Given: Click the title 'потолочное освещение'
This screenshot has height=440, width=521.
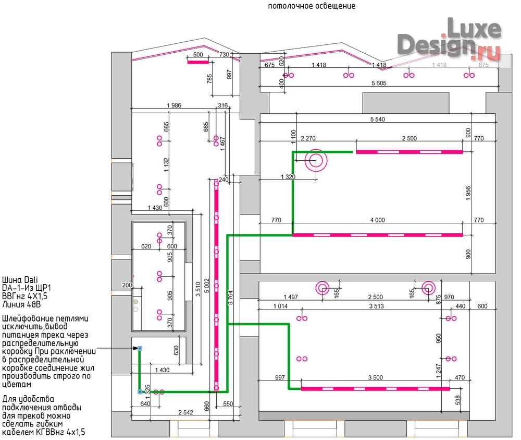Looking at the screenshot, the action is (312, 6).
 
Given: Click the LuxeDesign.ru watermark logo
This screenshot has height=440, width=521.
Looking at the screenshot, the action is (449, 39).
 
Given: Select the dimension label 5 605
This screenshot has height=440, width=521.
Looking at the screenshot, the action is (379, 83).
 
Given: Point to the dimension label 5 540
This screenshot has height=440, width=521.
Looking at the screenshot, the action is (377, 119).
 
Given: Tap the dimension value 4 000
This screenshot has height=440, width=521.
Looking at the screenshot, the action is (377, 220).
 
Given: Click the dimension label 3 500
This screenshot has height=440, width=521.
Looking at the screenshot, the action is (376, 377).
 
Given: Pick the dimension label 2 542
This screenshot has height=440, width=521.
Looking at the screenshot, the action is (185, 412).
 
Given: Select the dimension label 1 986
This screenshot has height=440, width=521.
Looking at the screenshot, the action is (174, 105).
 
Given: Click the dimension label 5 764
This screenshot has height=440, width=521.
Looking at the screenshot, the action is (231, 297).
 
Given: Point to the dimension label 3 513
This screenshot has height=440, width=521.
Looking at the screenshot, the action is (377, 306).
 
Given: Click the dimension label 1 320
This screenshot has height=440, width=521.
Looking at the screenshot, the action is (288, 177).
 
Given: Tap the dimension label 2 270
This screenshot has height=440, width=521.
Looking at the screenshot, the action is (308, 138).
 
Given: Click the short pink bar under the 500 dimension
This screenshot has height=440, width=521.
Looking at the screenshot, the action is (198, 62).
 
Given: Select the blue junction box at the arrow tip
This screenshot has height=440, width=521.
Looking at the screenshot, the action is (140, 349).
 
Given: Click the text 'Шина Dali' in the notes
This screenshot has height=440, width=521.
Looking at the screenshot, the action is (20, 280).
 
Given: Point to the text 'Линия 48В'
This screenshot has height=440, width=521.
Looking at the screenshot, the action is (21, 304).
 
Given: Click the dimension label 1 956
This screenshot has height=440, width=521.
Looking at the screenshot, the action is (468, 193).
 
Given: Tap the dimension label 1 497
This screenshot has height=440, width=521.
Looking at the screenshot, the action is (291, 297).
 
